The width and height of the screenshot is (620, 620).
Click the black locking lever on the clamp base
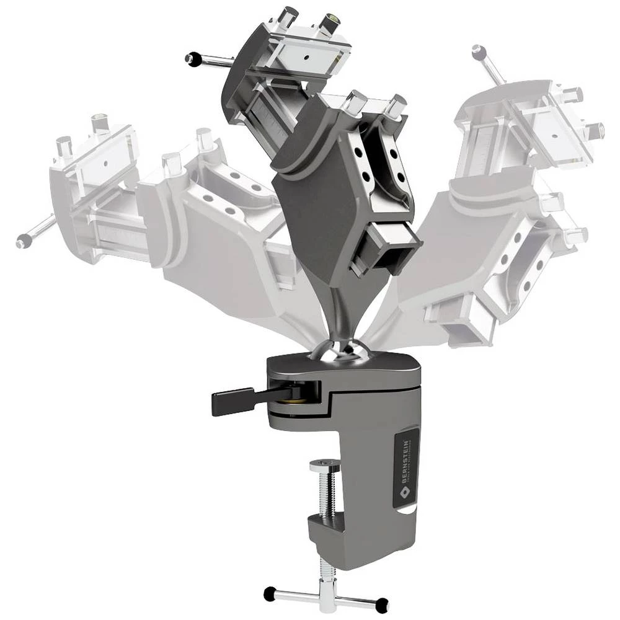point(233,402)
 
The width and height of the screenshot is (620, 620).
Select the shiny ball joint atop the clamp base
point(342,351)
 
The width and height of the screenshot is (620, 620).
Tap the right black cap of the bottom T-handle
point(382,602)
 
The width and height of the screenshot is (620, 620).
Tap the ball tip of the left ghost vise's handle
point(24,242)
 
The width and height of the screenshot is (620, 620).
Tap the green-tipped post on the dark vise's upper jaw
point(330,24)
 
